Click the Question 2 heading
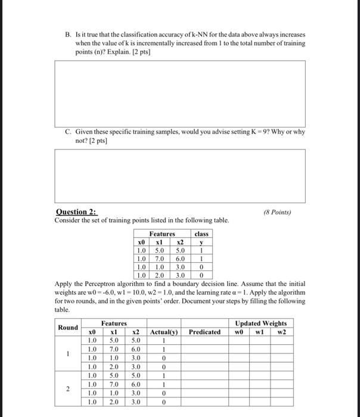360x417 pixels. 77,212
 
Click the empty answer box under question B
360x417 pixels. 189,92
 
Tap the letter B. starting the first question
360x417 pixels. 67,35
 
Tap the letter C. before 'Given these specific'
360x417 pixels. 67,132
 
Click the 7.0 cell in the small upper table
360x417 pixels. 159,259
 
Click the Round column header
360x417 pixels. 68,327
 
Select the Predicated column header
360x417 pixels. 204,331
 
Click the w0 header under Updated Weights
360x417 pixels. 241,331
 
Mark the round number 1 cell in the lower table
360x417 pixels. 68,353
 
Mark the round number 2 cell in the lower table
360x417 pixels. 68,388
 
